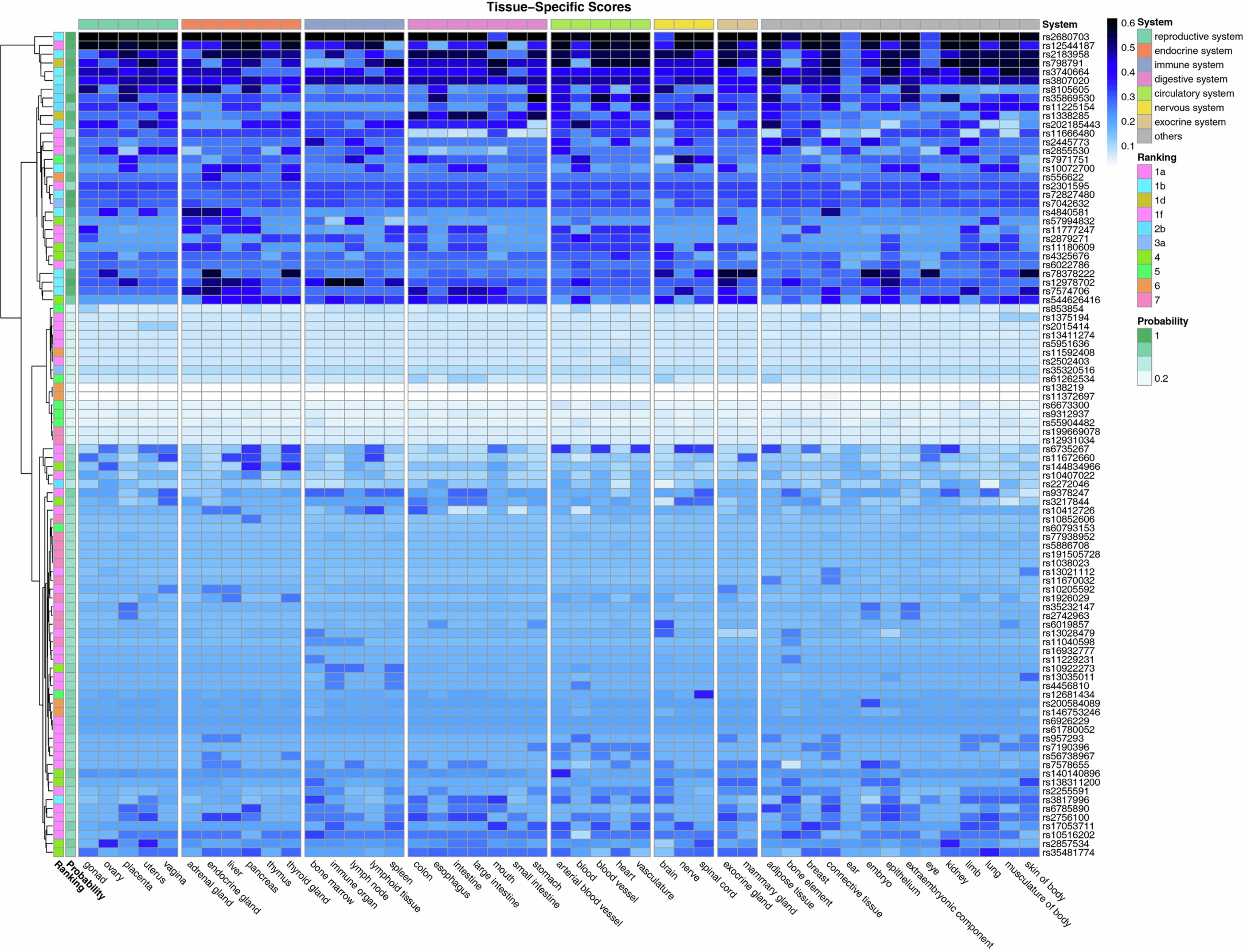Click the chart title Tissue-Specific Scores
559,7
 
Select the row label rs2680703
1066,37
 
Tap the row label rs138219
1063,387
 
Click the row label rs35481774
1069,852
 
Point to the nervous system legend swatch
1144,107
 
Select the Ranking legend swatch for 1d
1144,200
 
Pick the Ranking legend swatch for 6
1144,286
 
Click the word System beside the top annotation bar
1059,24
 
